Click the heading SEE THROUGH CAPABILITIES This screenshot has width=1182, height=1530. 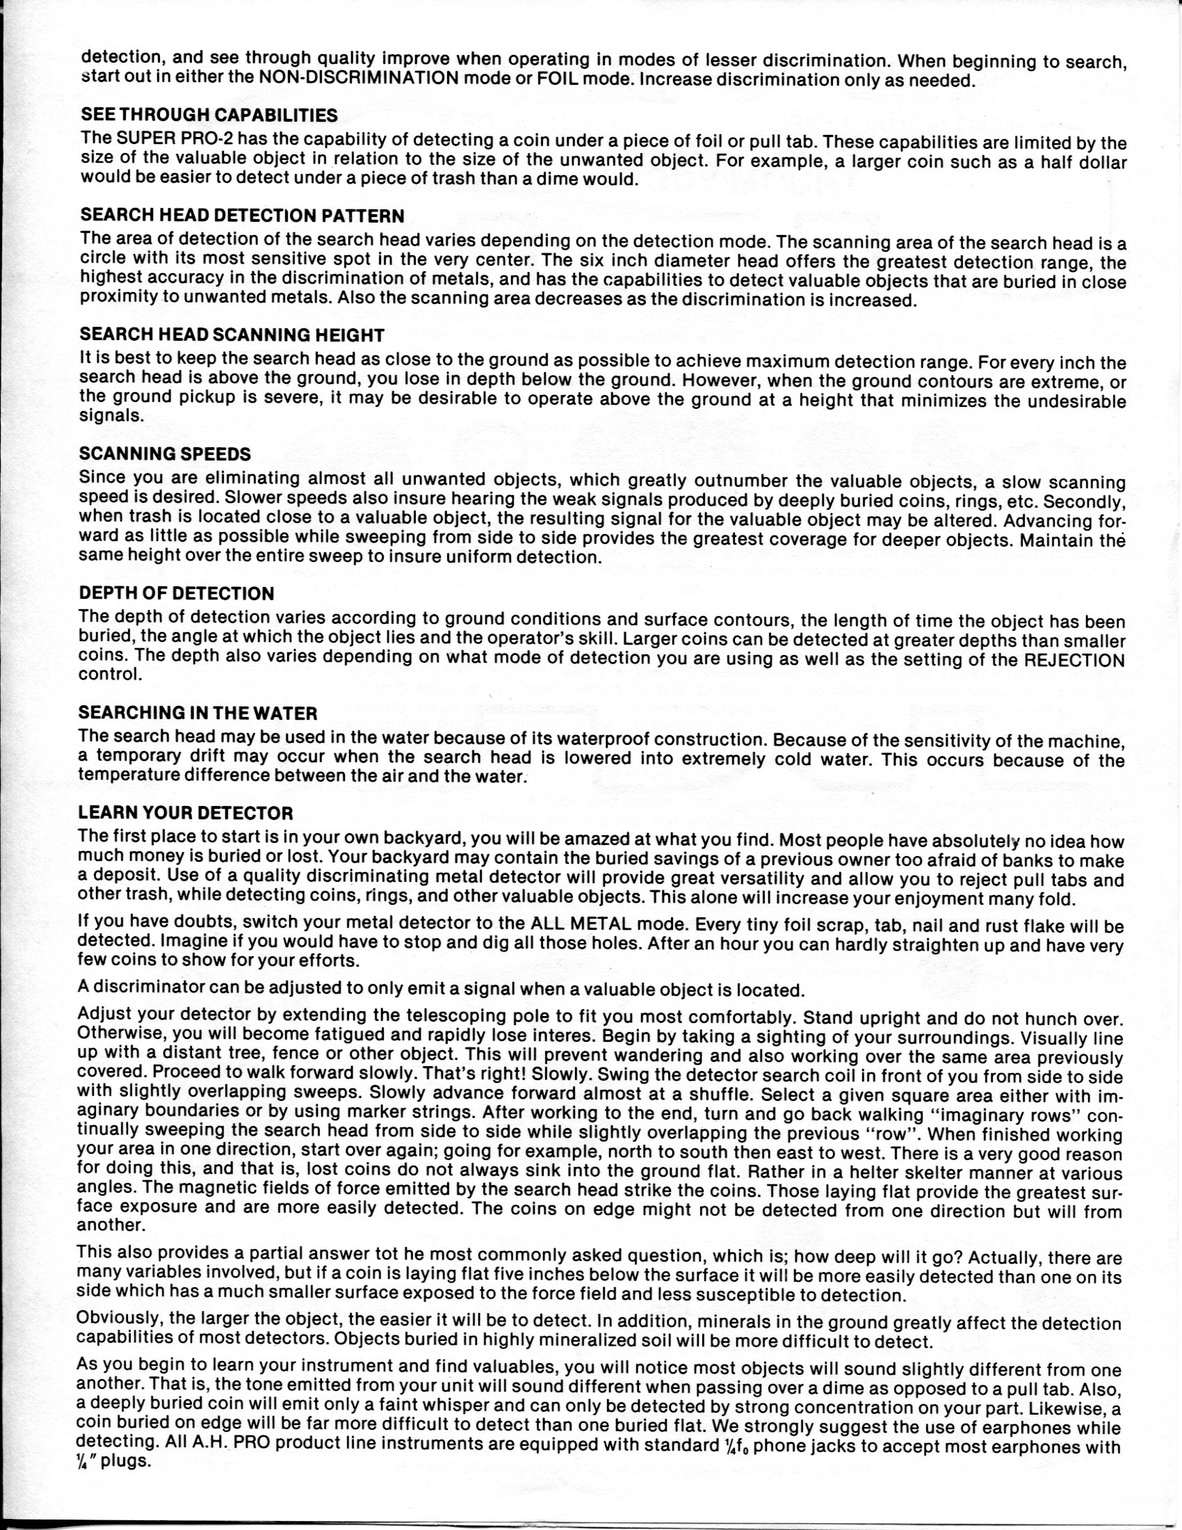click(x=209, y=114)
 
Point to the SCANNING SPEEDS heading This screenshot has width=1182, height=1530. click(x=165, y=453)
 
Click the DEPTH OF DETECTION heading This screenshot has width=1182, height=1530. click(x=177, y=593)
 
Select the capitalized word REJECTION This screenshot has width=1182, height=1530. click(x=1074, y=661)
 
